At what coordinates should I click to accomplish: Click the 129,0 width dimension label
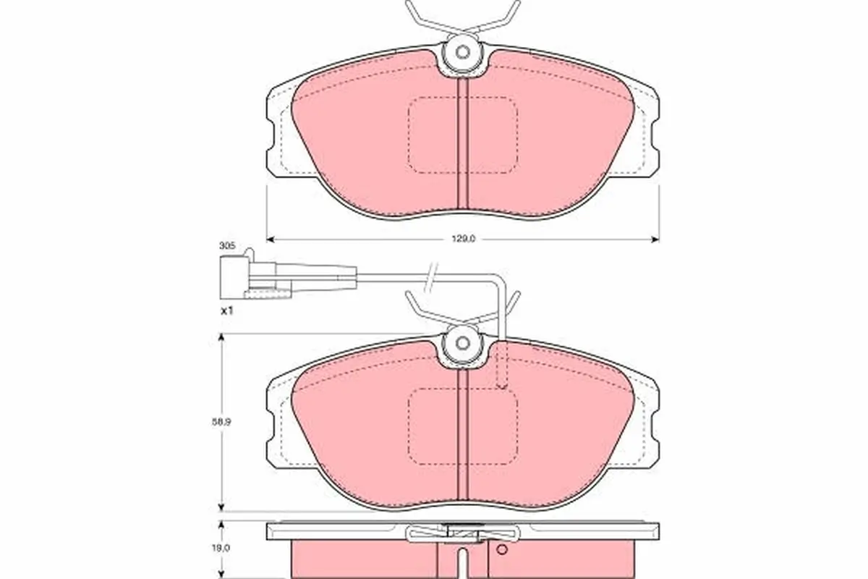[463, 240]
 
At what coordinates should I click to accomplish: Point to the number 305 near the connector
[227, 246]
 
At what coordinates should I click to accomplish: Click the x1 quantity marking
[227, 310]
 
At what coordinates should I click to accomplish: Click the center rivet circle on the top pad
[463, 53]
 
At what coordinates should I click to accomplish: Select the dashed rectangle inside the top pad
[463, 135]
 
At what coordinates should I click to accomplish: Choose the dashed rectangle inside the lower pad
[463, 427]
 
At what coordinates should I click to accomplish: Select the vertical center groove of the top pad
[463, 145]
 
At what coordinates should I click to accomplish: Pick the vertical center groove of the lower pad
[463, 434]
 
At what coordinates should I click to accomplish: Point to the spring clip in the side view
[463, 534]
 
